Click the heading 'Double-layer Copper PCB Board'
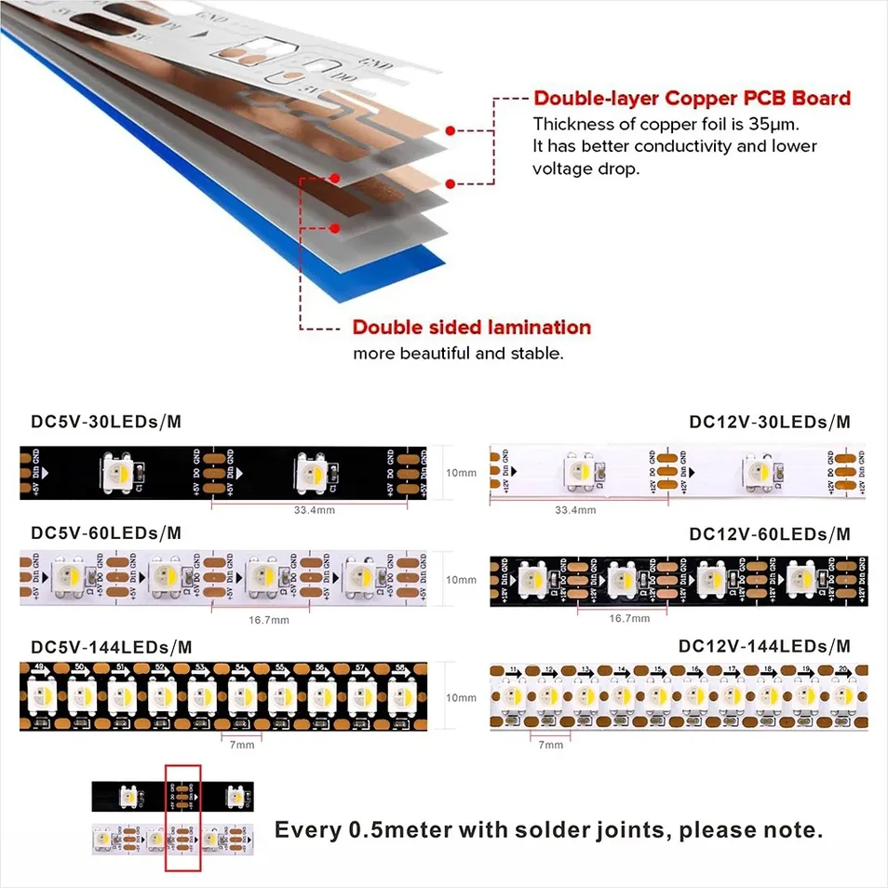[692, 99]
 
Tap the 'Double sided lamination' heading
[471, 328]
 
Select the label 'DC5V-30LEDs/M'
[106, 422]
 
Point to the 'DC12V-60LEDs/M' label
[770, 533]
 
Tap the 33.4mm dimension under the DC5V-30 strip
[314, 510]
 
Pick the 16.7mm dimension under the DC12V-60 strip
[630, 618]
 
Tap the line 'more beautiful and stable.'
[458, 354]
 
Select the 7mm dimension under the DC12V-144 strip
[551, 744]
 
